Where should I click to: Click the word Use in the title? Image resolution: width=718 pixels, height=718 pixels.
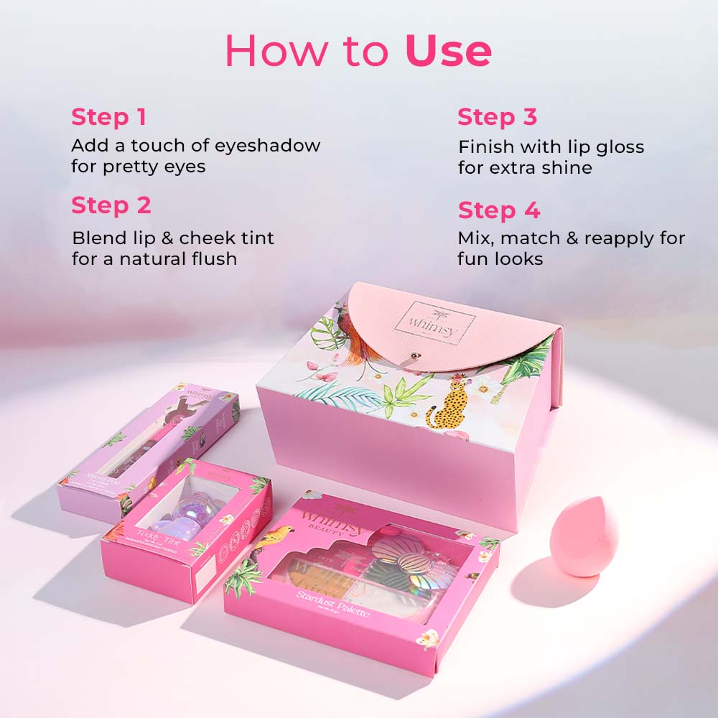click(x=448, y=51)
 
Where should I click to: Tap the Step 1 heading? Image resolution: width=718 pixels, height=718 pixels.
click(x=108, y=116)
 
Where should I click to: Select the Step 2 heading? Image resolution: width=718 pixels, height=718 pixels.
click(x=111, y=205)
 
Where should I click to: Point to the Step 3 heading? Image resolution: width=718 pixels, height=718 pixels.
click(x=497, y=116)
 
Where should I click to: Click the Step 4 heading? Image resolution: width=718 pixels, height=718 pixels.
click(x=498, y=210)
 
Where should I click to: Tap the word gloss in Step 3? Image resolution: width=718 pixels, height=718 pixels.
click(x=615, y=147)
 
